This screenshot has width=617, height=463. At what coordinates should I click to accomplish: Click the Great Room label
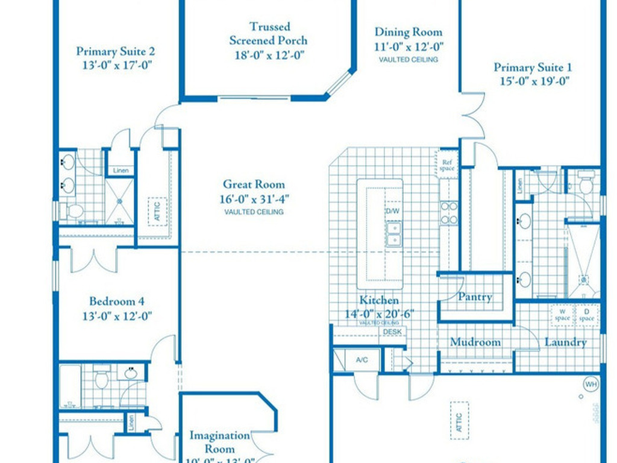(x=254, y=184)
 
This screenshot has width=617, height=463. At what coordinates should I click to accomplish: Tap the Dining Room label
(x=408, y=33)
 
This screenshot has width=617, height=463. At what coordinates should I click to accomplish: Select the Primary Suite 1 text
(x=531, y=68)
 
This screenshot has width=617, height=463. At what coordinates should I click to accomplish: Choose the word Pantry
(x=475, y=297)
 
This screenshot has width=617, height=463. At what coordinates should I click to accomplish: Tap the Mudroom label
(x=475, y=342)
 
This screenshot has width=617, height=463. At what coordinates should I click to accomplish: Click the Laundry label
(x=565, y=342)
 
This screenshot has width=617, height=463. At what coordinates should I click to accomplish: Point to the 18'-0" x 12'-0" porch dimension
(x=270, y=55)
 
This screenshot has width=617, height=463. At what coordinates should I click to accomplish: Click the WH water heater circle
(x=589, y=383)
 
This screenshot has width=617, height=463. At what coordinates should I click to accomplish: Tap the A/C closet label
(x=362, y=360)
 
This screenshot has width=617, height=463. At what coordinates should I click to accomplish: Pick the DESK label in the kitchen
(x=392, y=332)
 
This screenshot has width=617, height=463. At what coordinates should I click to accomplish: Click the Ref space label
(x=446, y=165)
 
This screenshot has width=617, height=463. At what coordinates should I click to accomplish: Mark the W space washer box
(x=561, y=315)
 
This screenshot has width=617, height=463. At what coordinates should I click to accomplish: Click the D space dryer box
(x=586, y=315)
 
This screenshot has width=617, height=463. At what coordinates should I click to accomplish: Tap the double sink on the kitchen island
(x=393, y=234)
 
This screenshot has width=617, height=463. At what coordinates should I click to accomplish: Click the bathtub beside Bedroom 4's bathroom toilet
(x=70, y=386)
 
